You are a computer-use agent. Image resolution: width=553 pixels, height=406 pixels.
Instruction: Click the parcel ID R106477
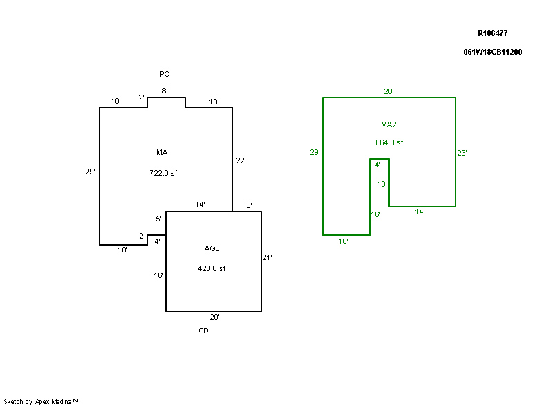click(493, 33)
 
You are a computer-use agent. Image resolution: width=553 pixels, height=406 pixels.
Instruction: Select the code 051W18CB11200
click(492, 52)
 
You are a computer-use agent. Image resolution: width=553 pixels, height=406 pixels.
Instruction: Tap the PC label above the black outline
click(165, 74)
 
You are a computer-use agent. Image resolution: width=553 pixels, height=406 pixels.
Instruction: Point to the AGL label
click(212, 249)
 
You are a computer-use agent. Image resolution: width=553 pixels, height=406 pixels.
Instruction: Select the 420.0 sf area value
click(212, 268)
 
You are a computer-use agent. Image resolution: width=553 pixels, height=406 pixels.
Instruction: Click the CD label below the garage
click(203, 331)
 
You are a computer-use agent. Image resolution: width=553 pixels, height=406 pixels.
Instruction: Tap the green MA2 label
click(388, 125)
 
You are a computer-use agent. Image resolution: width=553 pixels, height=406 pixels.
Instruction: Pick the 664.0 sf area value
click(389, 143)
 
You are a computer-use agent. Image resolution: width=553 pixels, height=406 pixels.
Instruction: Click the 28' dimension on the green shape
click(389, 91)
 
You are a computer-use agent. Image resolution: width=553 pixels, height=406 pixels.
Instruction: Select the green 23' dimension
click(462, 154)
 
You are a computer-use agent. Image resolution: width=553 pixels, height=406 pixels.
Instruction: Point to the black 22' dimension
click(241, 160)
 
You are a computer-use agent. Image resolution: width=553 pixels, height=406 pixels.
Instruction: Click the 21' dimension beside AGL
click(267, 258)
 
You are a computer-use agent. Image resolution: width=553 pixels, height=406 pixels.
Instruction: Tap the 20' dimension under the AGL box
click(214, 317)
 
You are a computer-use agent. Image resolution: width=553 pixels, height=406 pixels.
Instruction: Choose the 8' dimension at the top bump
click(165, 91)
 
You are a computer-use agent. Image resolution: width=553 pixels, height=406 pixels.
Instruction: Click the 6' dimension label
click(249, 205)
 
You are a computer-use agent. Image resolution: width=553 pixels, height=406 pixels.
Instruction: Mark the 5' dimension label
click(158, 219)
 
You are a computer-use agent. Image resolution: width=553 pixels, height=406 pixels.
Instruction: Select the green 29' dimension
click(315, 152)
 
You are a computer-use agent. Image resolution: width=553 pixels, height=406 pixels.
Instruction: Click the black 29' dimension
click(90, 172)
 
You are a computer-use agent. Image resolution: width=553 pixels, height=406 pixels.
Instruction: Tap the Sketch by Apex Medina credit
click(41, 401)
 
